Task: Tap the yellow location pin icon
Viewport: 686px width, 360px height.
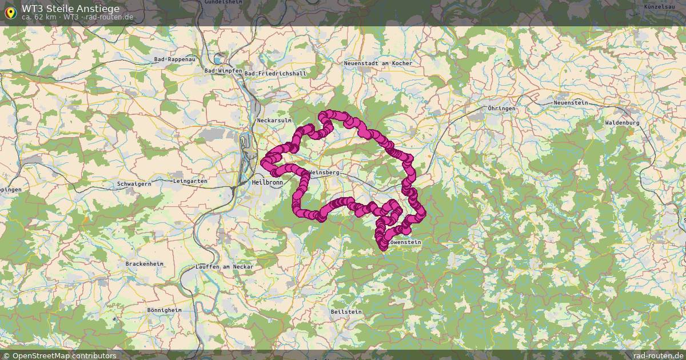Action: [10, 12]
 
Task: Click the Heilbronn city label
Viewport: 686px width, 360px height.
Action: [267, 182]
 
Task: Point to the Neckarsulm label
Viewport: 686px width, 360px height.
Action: [275, 121]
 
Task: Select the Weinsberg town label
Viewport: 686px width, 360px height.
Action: [324, 172]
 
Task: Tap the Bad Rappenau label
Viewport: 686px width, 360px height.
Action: [174, 59]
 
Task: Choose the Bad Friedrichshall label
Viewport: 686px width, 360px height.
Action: [275, 74]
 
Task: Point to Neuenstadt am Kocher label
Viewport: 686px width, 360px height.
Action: [378, 63]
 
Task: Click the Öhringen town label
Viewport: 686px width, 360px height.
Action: [502, 108]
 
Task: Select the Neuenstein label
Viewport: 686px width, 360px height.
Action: [571, 102]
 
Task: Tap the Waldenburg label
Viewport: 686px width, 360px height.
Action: [622, 123]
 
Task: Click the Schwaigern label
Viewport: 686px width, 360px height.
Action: [134, 184]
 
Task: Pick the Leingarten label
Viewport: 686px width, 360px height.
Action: [190, 181]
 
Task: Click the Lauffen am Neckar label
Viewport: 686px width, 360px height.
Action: [224, 267]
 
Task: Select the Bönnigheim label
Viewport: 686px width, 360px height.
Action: [164, 310]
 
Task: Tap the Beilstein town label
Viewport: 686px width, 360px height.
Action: [346, 311]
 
